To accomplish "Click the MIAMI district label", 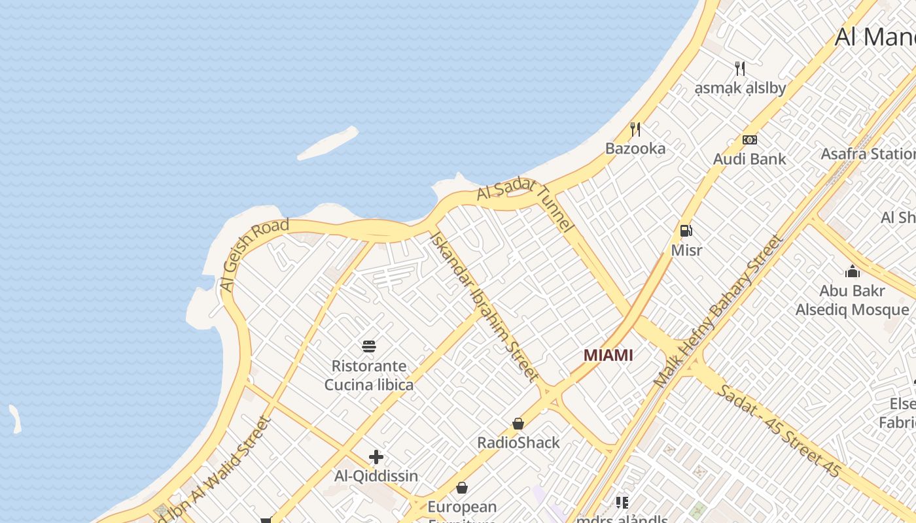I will (608, 355).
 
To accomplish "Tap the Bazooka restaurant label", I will (635, 148).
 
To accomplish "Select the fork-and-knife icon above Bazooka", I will (635, 129).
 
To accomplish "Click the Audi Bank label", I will (749, 159).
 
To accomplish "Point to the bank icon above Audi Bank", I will (749, 139).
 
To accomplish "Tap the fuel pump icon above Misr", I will (686, 230).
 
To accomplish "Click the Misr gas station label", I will (686, 250).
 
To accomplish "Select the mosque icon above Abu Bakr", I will (852, 271).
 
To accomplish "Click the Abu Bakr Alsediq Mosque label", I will (852, 300).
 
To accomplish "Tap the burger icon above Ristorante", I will (369, 346).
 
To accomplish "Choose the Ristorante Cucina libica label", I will (369, 375).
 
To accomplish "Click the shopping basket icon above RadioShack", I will (518, 424).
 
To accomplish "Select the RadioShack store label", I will (518, 443).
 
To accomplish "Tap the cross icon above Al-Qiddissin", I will (376, 457).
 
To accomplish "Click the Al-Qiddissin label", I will (376, 476).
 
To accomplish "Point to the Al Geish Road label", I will (254, 255).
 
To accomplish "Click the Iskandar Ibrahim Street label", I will (484, 305).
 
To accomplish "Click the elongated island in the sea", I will (328, 143).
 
